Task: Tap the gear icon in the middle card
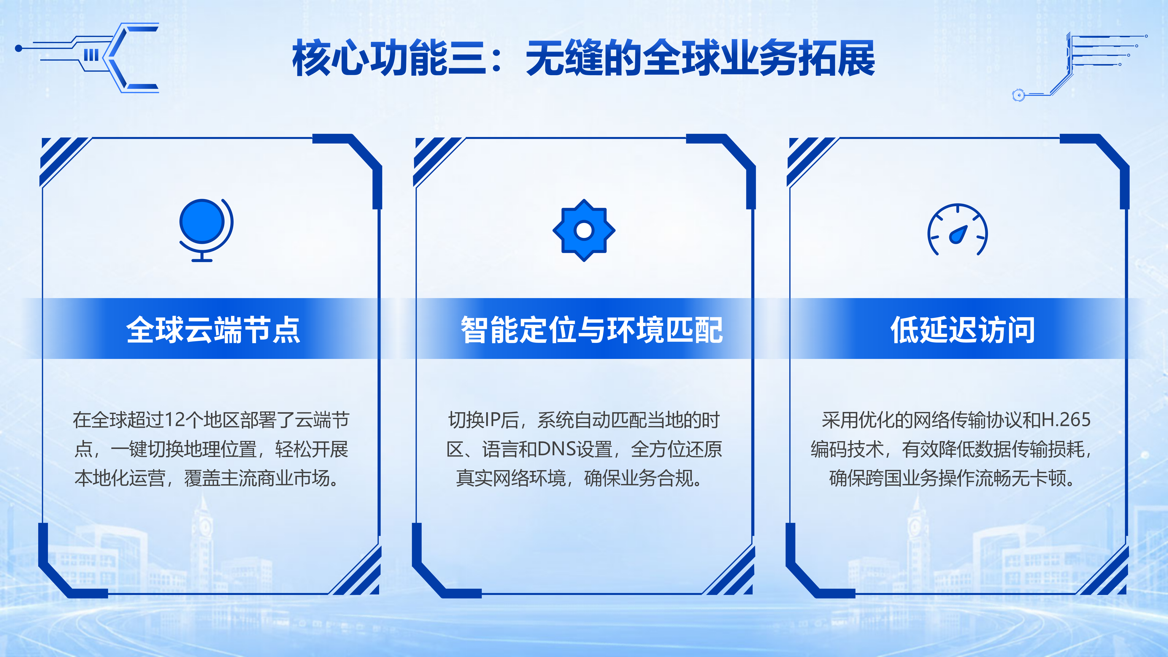[x=584, y=230]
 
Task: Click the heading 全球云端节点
[x=213, y=330]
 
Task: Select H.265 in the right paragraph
[x=1066, y=420]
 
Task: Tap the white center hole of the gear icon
[x=584, y=230]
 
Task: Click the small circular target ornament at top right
[x=1018, y=95]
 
